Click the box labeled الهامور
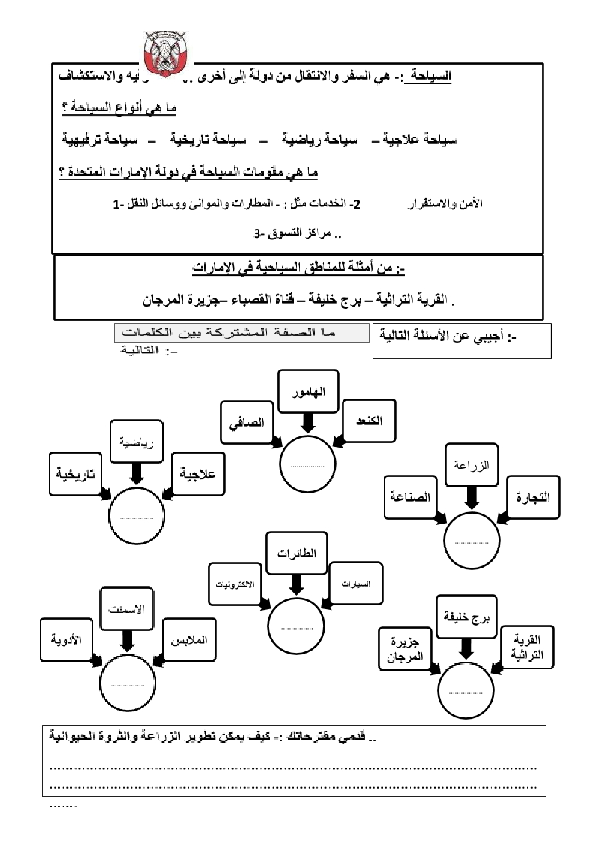coord(309,391)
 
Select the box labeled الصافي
coord(246,422)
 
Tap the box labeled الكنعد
coord(369,421)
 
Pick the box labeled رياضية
coord(137,442)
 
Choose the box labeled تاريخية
coord(75,474)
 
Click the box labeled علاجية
coord(198,474)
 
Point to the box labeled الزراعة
coord(472,465)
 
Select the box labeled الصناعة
coord(410,497)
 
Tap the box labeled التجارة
coord(533,497)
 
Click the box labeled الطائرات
coord(297,553)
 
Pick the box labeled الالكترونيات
coord(235,584)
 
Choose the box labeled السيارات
coord(356,584)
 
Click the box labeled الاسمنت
coord(126,609)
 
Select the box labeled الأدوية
coord(66,640)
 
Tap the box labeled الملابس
coord(189,640)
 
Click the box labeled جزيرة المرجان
coord(405,649)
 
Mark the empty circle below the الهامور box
coord(307,465)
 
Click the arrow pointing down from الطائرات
coord(297,584)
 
